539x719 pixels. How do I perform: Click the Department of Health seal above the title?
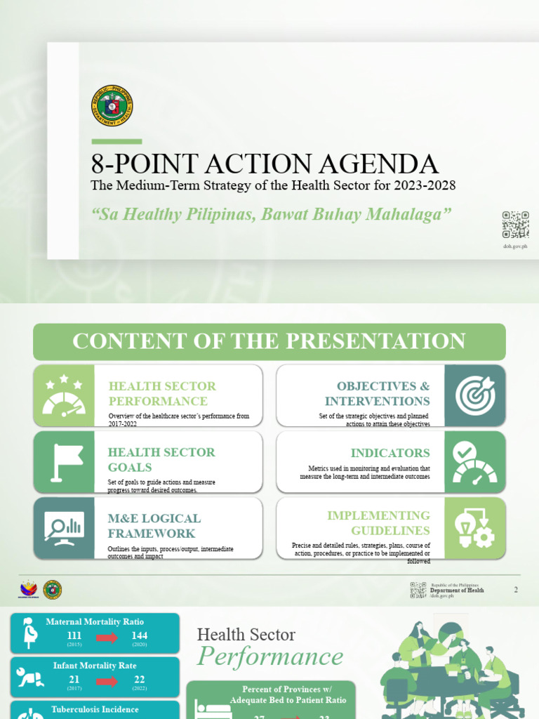coord(112,105)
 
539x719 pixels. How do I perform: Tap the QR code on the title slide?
coord(515,224)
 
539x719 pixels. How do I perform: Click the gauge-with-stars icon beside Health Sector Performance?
coord(63,395)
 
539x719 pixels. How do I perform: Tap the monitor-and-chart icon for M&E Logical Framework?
coord(64,528)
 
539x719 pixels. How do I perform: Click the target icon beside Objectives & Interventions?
coord(475,395)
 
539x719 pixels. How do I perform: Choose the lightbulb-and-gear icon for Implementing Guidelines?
coord(475,528)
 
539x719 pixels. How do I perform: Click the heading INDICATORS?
coord(390,453)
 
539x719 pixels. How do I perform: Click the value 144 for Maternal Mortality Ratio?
coord(139,636)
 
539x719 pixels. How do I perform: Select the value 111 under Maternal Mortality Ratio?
coord(74,636)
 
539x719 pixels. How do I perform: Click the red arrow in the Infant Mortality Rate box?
coord(107,681)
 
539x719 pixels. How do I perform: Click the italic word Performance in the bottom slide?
coord(270,657)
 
